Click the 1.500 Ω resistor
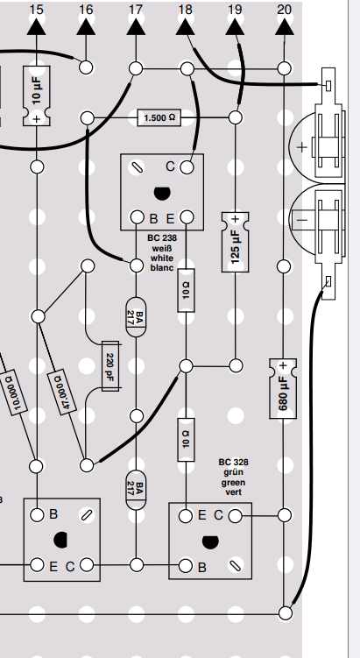[159, 118]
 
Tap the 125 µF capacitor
[235, 242]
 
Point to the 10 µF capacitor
[37, 96]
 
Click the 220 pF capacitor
[111, 365]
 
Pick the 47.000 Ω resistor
[62, 392]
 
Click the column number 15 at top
[37, 9]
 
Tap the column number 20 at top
[285, 9]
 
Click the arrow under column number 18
[185, 27]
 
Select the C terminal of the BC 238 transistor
[187, 167]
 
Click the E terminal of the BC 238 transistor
[187, 217]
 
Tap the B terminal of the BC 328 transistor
[186, 566]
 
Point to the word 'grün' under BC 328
[233, 472]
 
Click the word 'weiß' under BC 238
[162, 247]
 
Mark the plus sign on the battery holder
[301, 147]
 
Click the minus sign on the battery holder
[303, 220]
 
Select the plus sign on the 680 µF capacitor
[283, 365]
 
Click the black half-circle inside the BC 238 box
[162, 194]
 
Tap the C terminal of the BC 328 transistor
[236, 516]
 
